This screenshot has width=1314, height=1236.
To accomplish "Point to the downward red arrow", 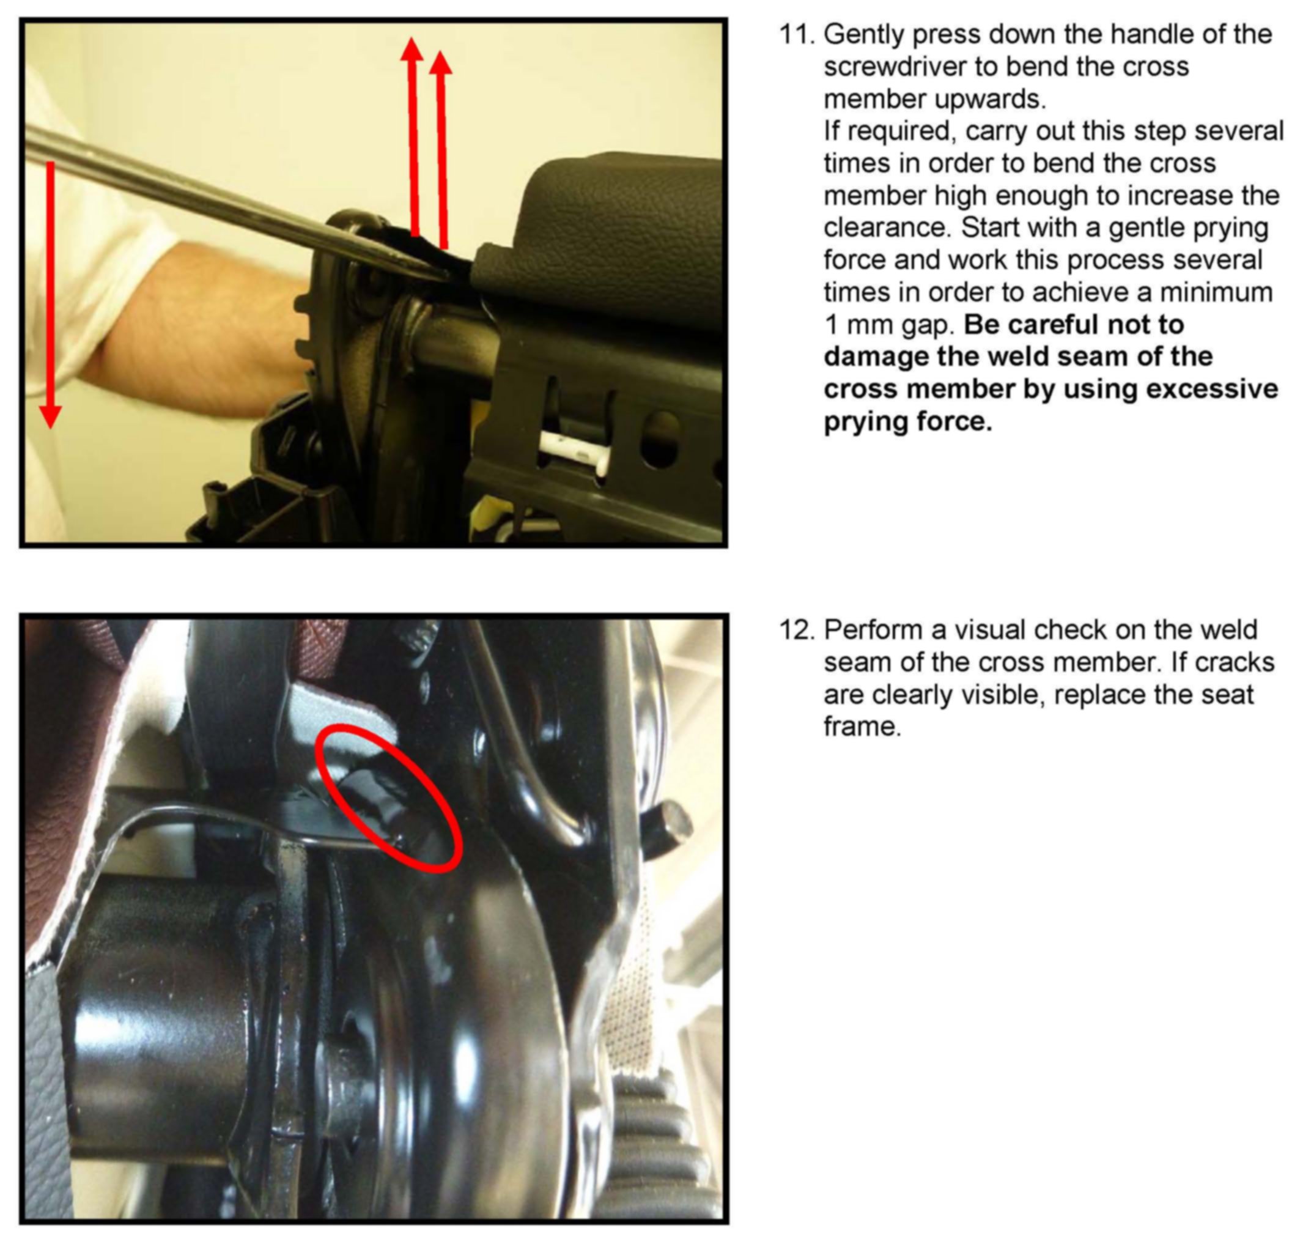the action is click(x=50, y=294).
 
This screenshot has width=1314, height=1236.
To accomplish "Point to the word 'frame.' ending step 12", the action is click(x=863, y=727).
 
